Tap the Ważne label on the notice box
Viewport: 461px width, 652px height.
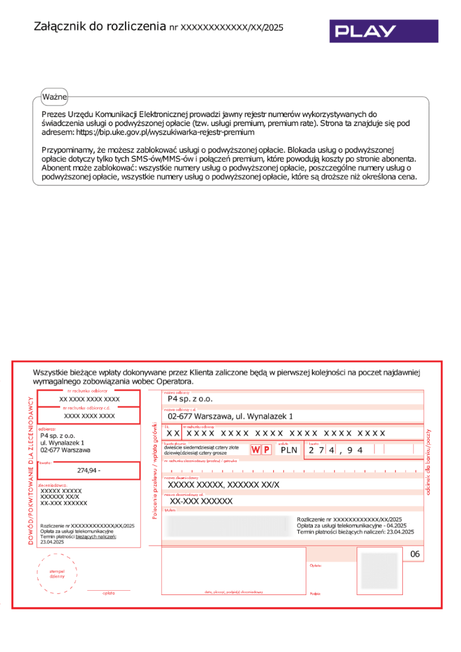(x=55, y=97)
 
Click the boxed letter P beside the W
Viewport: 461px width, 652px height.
(x=267, y=450)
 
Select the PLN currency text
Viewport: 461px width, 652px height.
(x=289, y=450)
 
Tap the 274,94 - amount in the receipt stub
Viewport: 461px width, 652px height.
(x=89, y=470)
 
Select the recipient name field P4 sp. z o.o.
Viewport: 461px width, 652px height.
(x=190, y=398)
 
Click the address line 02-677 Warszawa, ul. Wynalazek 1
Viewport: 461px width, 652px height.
(x=230, y=415)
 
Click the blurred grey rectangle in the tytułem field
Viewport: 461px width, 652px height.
(x=228, y=525)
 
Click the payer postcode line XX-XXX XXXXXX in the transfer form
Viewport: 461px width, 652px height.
(x=201, y=501)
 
